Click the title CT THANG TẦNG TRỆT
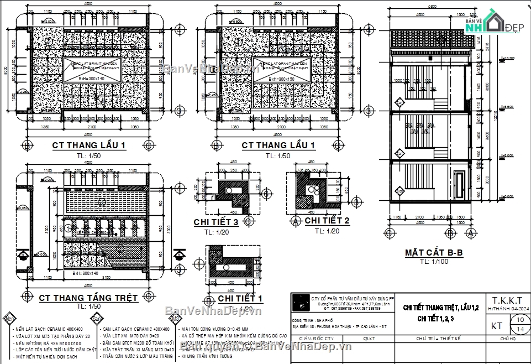88,298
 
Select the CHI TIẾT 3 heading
216,222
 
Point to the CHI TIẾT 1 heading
240,299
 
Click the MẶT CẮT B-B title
433,253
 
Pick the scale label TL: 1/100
433,262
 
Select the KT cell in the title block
497,326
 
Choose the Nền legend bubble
9,319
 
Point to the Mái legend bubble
176,319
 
